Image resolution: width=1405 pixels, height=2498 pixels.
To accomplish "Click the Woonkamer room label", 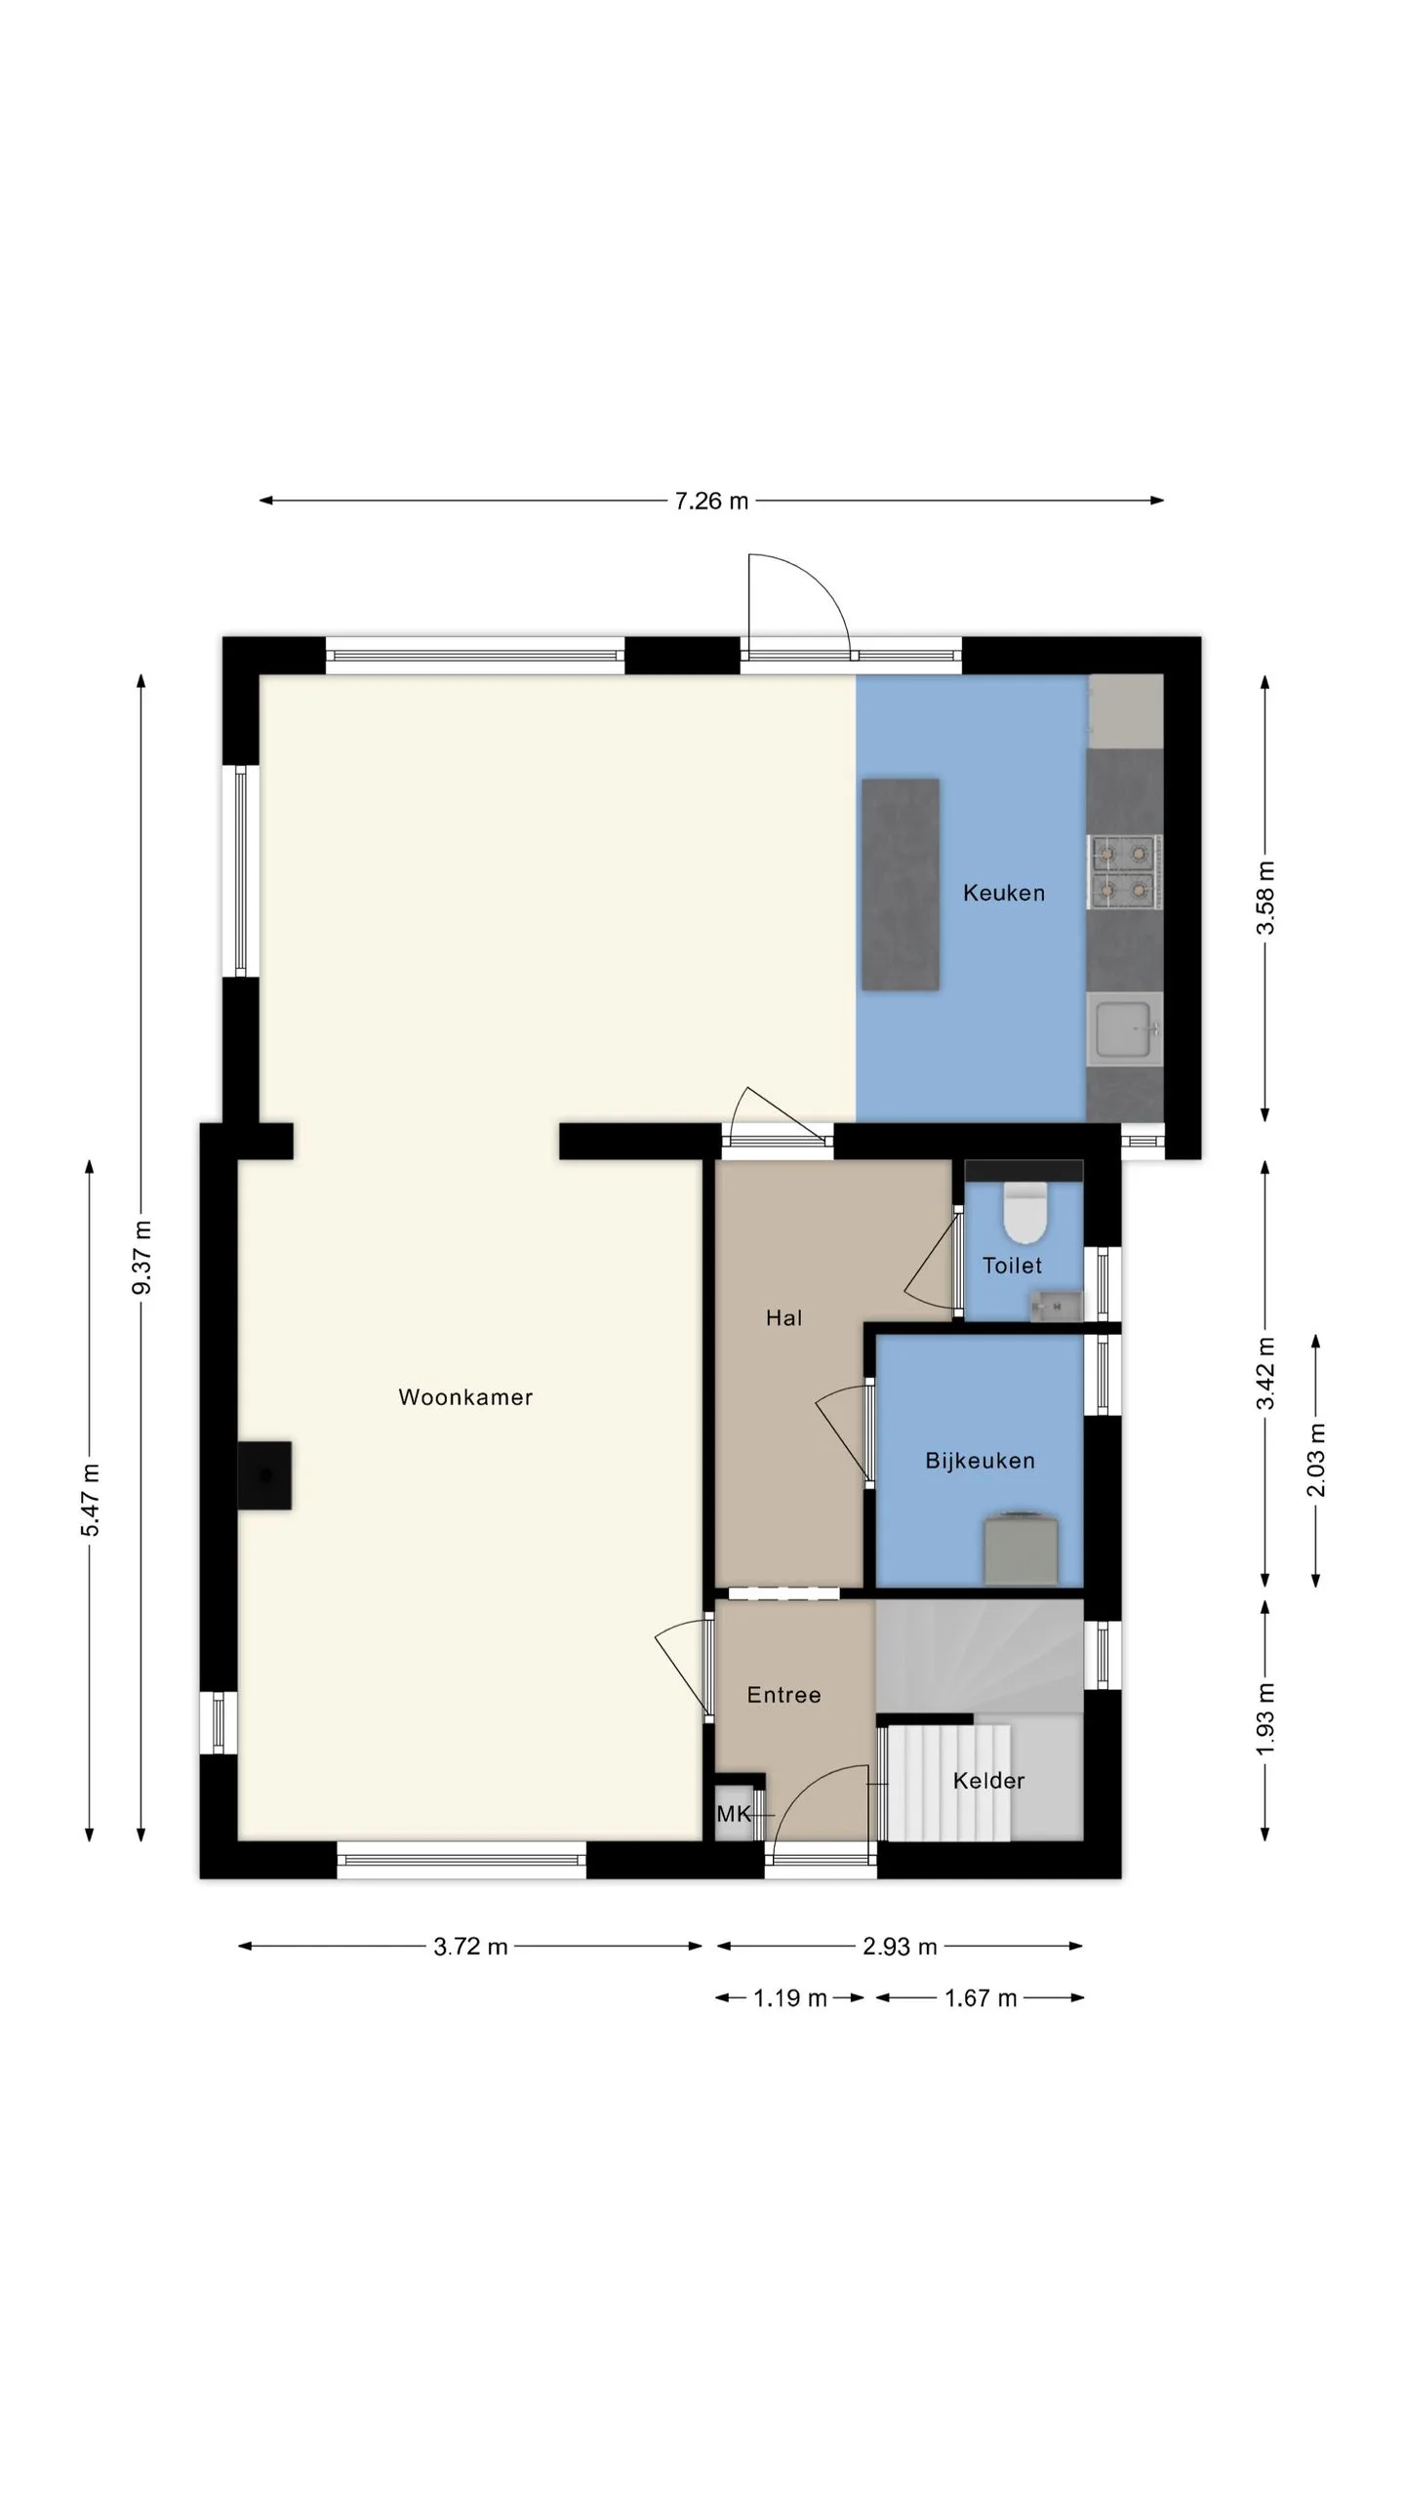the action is [465, 1397].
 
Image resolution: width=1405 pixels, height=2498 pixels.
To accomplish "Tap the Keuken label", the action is [1004, 893].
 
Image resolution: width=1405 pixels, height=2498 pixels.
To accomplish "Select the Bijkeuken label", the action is [980, 1461].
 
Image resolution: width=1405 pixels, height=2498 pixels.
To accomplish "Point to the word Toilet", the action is [1012, 1266].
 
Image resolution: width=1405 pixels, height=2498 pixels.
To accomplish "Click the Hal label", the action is [783, 1318].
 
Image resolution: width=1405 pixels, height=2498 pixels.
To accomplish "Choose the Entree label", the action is [783, 1695].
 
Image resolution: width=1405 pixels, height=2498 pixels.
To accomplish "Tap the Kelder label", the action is [988, 1781].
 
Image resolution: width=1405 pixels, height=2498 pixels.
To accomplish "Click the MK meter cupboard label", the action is [734, 1814].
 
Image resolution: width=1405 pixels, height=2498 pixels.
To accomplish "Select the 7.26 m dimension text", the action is [711, 501].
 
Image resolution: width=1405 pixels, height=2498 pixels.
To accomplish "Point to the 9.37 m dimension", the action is [142, 1258].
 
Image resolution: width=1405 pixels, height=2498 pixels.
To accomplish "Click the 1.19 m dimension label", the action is [789, 1998].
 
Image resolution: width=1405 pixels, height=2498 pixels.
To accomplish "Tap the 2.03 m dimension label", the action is [1316, 1460].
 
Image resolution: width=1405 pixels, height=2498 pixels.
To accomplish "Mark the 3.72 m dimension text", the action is [470, 1947].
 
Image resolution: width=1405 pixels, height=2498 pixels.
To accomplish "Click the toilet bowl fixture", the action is [1024, 1212].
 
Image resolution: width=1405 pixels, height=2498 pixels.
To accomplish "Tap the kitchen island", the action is [901, 884].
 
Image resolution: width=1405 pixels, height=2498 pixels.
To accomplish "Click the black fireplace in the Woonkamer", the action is [264, 1475].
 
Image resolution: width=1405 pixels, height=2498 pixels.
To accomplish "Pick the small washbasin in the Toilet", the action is [1055, 1305].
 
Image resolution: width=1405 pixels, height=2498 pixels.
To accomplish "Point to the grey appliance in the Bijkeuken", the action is [1021, 1548].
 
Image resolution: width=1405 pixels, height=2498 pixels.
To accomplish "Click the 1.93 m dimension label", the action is [1265, 1719].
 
